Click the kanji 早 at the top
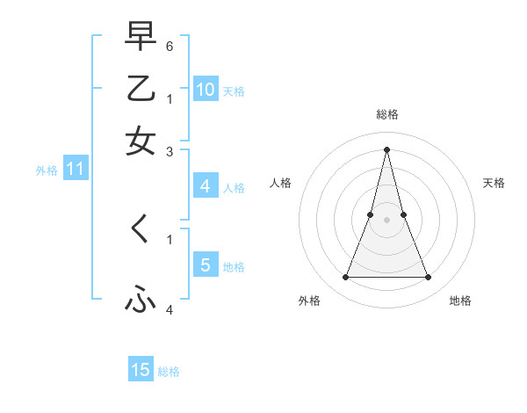tap(141, 37)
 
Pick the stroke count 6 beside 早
tap(170, 45)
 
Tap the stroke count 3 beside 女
tap(170, 151)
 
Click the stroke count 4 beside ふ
tap(170, 309)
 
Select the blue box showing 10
tap(205, 89)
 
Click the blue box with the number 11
tap(75, 169)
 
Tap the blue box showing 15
tap(141, 370)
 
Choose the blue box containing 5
tap(205, 264)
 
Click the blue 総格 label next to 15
tap(169, 372)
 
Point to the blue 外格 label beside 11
tap(47, 170)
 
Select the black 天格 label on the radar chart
tap(495, 183)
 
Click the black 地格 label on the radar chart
tap(460, 301)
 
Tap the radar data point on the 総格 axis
tap(386, 149)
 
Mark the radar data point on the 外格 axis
tap(345, 278)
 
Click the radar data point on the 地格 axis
tap(428, 278)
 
